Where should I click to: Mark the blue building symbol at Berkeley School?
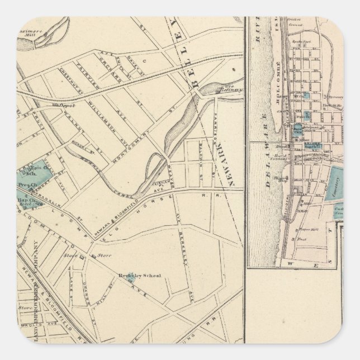click(x=120, y=275)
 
